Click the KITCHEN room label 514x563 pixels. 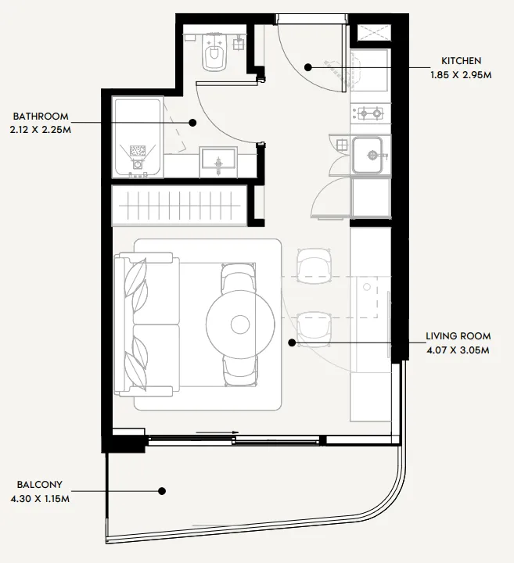461,61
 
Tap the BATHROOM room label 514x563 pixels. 41,117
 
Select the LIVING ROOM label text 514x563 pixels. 458,336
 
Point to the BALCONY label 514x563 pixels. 40,484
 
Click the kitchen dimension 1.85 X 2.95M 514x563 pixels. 461,75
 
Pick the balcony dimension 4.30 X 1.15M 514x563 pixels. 40,499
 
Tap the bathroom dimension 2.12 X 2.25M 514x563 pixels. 41,130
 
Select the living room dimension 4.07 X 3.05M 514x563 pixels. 458,350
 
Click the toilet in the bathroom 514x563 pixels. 215,52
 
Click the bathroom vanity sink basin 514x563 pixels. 218,159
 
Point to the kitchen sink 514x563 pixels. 367,155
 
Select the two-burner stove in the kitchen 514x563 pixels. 370,113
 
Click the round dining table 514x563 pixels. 240,325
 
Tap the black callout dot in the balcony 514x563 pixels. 162,491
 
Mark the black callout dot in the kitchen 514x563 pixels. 307,67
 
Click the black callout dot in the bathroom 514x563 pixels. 192,123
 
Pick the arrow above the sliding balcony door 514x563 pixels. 217,432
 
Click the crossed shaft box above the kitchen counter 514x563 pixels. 373,33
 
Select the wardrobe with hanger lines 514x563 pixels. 180,206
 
